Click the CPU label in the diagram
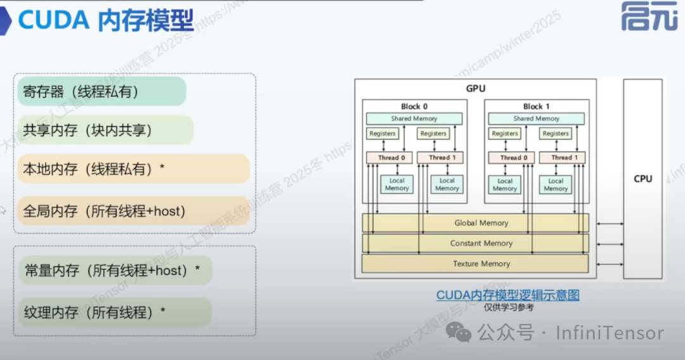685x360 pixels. click(x=643, y=179)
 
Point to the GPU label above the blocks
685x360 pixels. click(x=475, y=89)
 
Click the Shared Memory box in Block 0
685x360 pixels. click(x=414, y=119)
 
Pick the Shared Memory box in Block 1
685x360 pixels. click(x=536, y=119)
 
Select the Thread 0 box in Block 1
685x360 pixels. click(x=510, y=157)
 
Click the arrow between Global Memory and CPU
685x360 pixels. click(x=606, y=223)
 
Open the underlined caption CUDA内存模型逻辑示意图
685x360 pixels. click(x=507, y=295)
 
